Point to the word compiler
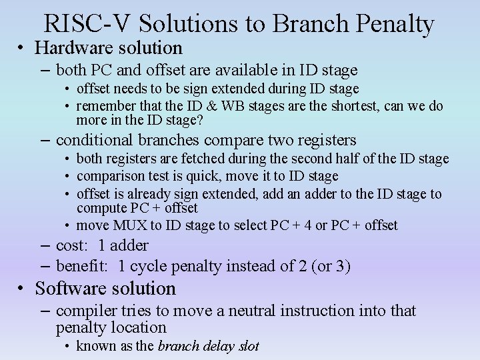coord(83,311)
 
